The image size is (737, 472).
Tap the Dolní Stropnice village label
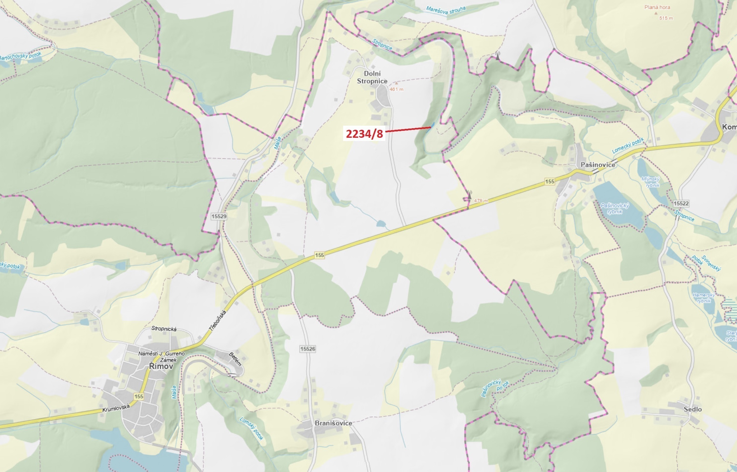[372, 77]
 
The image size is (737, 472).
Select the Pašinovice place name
[598, 165]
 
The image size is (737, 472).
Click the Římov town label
[161, 366]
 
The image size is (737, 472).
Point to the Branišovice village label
[333, 423]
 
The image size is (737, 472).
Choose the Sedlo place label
[693, 409]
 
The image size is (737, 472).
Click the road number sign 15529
[219, 216]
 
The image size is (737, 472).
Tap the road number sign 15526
[308, 349]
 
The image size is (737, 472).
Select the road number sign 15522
[681, 203]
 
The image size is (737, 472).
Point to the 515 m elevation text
[666, 18]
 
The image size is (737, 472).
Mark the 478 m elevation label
[481, 201]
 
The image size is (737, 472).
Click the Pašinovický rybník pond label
[615, 209]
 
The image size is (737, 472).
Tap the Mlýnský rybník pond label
[650, 182]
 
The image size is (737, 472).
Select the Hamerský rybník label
[704, 298]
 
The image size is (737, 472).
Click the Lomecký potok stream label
[628, 146]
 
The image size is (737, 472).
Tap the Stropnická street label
[164, 329]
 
